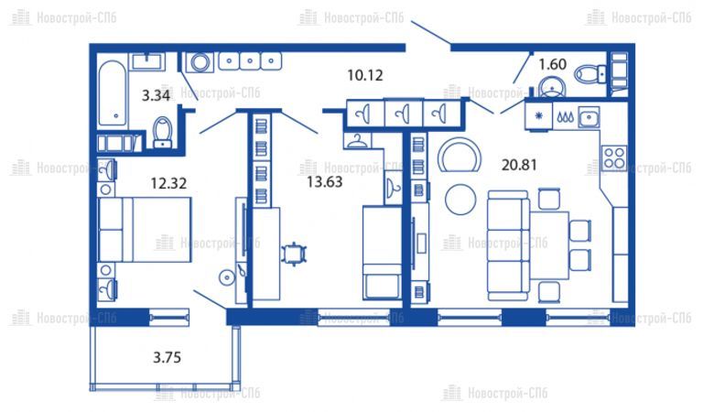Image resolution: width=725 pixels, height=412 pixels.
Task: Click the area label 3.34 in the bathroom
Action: [x=156, y=96]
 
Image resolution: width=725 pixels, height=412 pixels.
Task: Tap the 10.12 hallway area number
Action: [x=365, y=75]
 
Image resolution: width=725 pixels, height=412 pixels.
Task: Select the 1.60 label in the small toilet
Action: [x=553, y=64]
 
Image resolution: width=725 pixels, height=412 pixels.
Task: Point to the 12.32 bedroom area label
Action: [x=168, y=183]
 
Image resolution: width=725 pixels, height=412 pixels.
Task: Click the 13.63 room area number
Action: [x=325, y=181]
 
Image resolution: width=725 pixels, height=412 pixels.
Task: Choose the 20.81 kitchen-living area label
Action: [x=519, y=165]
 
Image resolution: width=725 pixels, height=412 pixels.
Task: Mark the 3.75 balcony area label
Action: [x=167, y=357]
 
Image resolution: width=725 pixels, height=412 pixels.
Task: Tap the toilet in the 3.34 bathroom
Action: [x=162, y=132]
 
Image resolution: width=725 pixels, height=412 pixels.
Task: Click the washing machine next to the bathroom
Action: [x=200, y=62]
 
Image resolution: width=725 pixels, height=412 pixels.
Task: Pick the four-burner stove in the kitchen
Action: [x=614, y=157]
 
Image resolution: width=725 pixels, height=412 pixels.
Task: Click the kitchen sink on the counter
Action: [x=588, y=117]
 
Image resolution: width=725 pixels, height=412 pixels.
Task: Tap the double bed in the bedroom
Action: [x=145, y=230]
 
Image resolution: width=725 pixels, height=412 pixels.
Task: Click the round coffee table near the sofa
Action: [x=460, y=200]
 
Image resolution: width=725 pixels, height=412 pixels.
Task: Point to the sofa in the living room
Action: [x=508, y=245]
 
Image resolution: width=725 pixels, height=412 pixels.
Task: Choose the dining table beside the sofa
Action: [x=549, y=245]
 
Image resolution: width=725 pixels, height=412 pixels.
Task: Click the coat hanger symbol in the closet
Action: [x=356, y=141]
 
